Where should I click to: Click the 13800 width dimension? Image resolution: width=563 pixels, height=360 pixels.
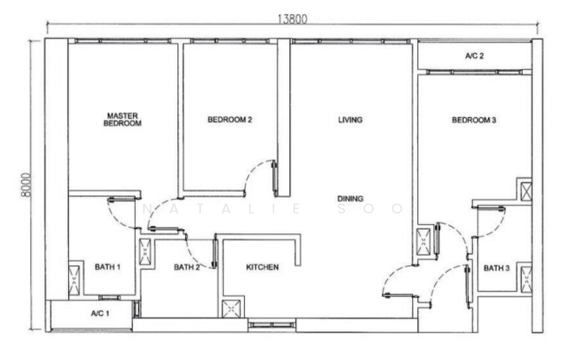[x=293, y=19]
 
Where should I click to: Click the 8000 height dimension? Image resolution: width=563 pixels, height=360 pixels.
[x=26, y=185]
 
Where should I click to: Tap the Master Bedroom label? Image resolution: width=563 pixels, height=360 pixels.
[x=122, y=119]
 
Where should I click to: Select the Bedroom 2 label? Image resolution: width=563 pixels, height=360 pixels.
[x=230, y=119]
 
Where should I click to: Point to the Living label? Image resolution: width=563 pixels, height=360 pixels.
[x=350, y=120]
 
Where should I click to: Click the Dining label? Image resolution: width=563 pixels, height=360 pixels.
[x=350, y=199]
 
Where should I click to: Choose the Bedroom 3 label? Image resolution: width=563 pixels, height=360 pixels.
[x=474, y=120]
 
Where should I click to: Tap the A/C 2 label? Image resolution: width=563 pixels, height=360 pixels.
[x=474, y=56]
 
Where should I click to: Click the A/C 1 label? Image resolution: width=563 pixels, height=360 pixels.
[x=100, y=314]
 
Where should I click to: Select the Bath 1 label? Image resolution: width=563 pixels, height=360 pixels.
[x=108, y=267]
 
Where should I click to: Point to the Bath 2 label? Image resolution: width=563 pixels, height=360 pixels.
[x=186, y=267]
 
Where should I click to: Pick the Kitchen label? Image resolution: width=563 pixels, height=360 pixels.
[x=262, y=267]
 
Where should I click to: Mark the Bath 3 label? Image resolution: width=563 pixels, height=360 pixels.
[x=497, y=268]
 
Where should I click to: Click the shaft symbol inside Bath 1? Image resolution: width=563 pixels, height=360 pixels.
[x=74, y=280]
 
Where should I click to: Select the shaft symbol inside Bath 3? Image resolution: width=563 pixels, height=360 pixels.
[x=526, y=279]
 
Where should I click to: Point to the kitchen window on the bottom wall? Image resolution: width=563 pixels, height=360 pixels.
[x=272, y=325]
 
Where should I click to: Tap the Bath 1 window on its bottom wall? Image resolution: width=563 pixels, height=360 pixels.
[x=108, y=297]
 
